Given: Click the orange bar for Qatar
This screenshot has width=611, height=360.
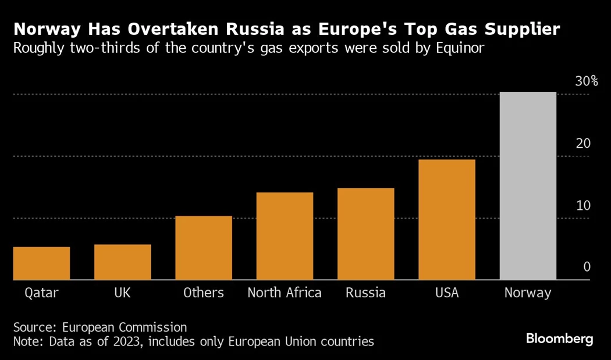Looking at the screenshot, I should click(41, 263).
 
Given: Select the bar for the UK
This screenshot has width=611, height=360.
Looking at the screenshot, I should click(122, 262).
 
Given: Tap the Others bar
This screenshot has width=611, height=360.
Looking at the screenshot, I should click(204, 248).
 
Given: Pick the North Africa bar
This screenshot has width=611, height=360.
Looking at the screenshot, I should click(285, 236).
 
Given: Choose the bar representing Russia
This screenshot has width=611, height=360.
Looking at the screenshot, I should click(365, 234).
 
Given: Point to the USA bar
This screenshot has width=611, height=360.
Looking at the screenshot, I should click(447, 220).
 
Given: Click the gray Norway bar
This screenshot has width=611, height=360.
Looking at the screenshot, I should click(528, 186).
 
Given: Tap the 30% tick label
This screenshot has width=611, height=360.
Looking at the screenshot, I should click(586, 81).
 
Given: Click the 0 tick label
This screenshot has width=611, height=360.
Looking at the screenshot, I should click(587, 267).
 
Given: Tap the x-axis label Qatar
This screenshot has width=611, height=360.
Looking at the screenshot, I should click(41, 293).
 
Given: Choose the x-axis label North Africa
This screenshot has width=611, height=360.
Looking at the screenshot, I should click(285, 293).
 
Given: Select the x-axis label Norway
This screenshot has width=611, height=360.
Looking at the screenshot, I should click(528, 293).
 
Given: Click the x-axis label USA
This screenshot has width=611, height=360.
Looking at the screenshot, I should click(447, 293).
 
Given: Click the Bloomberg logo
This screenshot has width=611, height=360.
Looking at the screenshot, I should click(559, 338).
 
